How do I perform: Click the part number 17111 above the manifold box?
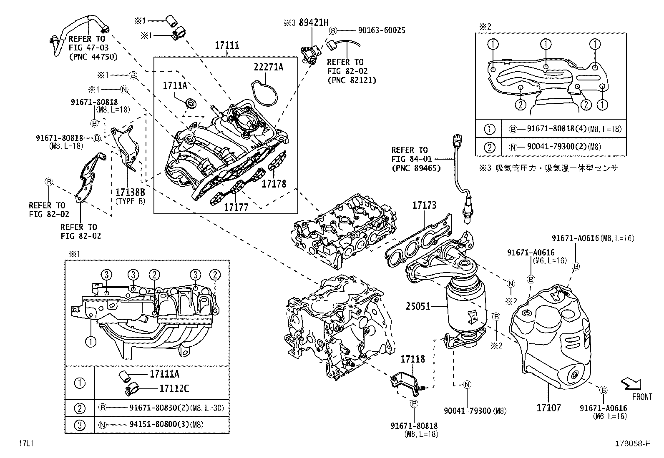click(x=227, y=45)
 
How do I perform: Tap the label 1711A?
click(x=175, y=85)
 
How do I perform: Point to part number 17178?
click(x=274, y=183)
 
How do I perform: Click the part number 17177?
click(x=236, y=207)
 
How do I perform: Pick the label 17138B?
click(x=130, y=192)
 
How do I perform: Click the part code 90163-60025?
click(x=382, y=30)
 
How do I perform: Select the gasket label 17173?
click(x=424, y=205)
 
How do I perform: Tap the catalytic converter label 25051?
click(x=418, y=307)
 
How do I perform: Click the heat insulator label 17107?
click(x=548, y=407)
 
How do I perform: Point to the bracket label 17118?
click(x=412, y=358)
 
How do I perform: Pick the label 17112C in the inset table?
click(x=174, y=389)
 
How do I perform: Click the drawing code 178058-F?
click(x=632, y=444)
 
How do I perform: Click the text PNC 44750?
click(x=93, y=57)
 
